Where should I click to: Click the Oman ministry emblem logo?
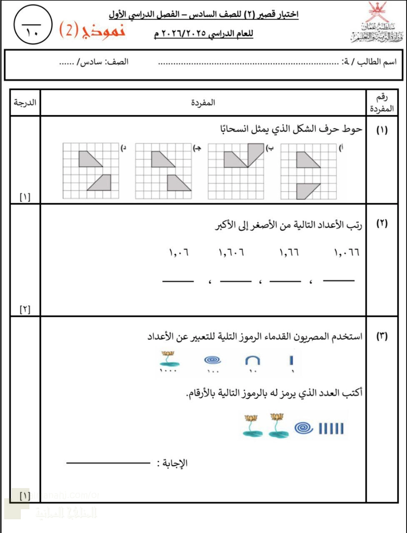tap(374, 23)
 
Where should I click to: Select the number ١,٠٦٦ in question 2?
tap(347, 252)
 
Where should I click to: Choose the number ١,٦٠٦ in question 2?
tap(231, 252)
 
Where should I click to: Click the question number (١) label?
tap(382, 130)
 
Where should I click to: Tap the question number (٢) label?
tap(382, 223)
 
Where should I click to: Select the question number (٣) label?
tap(382, 336)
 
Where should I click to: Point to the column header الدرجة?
tap(25, 102)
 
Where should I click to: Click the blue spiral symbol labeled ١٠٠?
tap(213, 360)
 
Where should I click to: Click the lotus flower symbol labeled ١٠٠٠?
tap(168, 358)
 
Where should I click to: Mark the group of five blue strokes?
tap(331, 428)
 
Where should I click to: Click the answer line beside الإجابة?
tap(108, 463)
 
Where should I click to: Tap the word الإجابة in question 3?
tap(175, 463)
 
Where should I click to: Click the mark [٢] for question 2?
tap(25, 309)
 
